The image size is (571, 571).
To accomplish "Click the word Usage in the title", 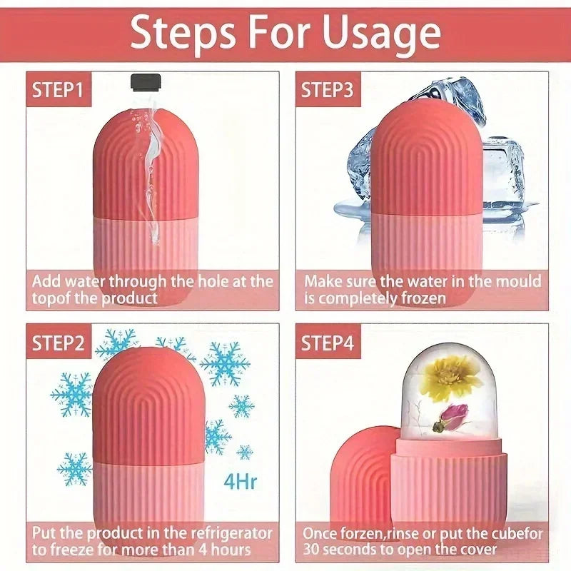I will (379, 34).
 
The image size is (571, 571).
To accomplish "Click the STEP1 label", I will (58, 90).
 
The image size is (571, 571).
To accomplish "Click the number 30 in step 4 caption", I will (314, 550).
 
